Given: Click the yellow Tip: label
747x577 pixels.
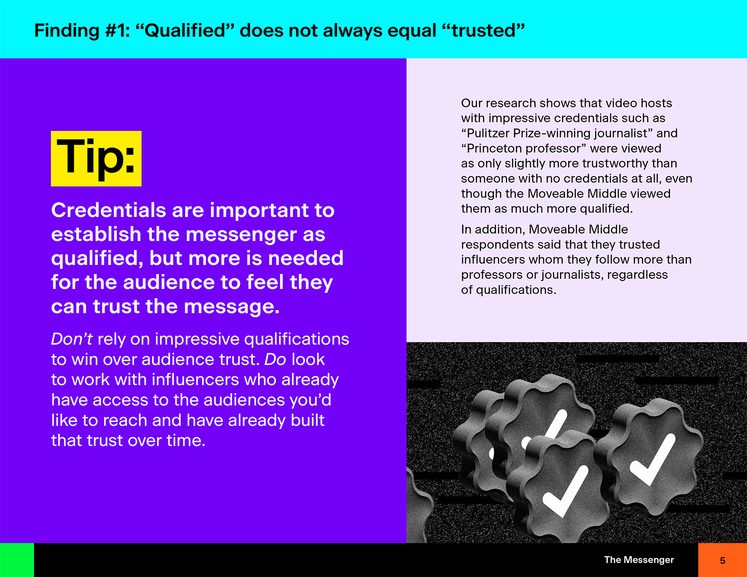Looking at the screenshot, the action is (x=96, y=158).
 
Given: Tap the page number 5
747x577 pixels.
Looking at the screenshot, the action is (x=722, y=561).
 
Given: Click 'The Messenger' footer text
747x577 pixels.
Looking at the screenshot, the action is (x=639, y=560).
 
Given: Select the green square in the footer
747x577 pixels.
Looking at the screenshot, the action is (x=17, y=560).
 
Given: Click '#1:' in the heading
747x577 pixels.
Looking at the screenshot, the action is (x=117, y=30).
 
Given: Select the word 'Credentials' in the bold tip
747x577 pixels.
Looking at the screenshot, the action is (x=109, y=210).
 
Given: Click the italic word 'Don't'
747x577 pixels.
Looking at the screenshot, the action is (x=71, y=339).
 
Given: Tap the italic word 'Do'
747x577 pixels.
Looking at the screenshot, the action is (x=275, y=359).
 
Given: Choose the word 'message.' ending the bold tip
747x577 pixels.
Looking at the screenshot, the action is (x=232, y=307).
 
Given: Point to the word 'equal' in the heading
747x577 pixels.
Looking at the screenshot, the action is (x=412, y=31).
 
